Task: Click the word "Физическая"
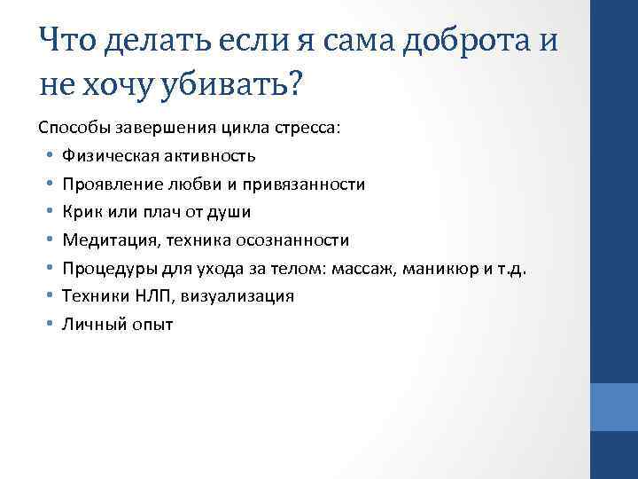pyautogui.click(x=107, y=156)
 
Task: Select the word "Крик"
pyautogui.click(x=81, y=212)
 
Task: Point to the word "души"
pyautogui.click(x=234, y=212)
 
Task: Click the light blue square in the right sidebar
pyautogui.click(x=613, y=407)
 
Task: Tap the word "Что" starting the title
pyautogui.click(x=66, y=40)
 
